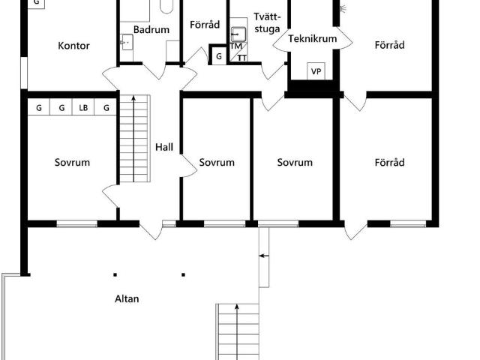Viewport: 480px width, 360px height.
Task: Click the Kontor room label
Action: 73,46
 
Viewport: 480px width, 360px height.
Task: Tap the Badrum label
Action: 151,30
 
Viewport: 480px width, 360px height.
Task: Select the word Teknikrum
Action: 311,39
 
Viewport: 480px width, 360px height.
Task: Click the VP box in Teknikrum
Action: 316,71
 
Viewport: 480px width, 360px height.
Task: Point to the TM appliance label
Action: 235,46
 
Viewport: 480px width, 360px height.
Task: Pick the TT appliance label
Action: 241,57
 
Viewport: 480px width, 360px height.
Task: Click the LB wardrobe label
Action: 83,108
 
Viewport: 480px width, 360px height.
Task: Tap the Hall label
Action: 164,147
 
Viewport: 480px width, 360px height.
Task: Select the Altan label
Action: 126,298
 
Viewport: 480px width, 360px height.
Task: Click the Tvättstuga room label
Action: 267,22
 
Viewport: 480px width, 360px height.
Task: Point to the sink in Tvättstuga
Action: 238,34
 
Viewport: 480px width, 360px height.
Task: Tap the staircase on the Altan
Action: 237,330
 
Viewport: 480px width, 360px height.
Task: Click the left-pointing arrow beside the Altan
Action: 263,256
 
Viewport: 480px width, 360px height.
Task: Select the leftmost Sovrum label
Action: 72,162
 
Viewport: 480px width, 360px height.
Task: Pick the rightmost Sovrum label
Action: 294,162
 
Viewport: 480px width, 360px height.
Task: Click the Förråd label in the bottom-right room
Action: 389,162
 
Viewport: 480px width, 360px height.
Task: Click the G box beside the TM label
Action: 218,56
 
